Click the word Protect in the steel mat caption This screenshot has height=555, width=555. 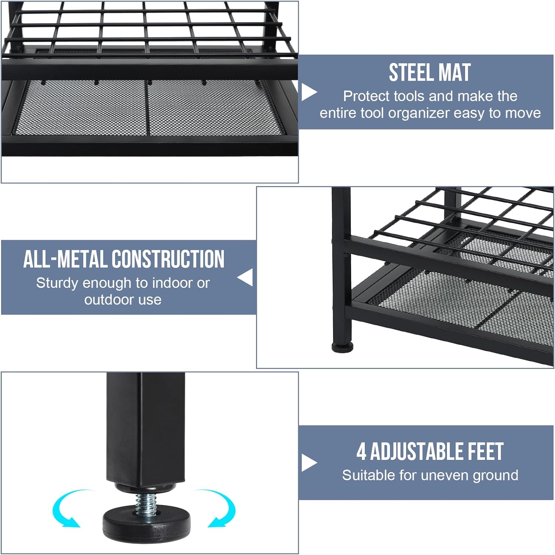(x=366, y=96)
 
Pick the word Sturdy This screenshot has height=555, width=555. (x=57, y=283)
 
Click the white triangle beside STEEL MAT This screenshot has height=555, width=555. (x=309, y=92)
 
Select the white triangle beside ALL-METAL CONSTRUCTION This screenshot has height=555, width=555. (x=245, y=277)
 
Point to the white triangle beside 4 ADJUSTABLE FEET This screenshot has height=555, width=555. (x=309, y=463)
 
